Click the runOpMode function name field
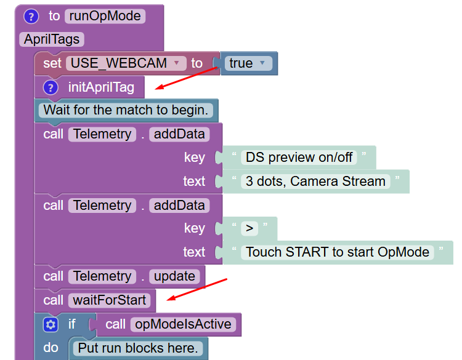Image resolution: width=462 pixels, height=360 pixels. (x=105, y=16)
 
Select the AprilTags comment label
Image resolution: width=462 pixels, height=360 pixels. (x=52, y=39)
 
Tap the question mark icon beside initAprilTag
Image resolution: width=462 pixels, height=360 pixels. (x=51, y=87)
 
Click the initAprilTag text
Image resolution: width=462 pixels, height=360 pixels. (x=101, y=87)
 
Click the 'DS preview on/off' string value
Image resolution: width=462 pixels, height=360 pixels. (x=299, y=157)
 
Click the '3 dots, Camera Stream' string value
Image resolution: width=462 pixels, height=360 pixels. (x=315, y=181)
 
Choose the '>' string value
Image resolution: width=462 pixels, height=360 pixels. (x=249, y=228)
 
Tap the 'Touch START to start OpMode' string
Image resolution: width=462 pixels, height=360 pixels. (x=338, y=252)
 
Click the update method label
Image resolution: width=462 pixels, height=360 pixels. (x=174, y=276)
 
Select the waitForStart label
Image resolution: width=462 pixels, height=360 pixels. (x=109, y=300)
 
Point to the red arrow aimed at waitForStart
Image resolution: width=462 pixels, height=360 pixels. (x=198, y=289)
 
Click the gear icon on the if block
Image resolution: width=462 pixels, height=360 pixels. (x=51, y=324)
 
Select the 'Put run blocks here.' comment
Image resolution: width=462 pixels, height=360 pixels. (x=138, y=348)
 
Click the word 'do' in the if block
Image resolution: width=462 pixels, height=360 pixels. (x=51, y=348)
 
